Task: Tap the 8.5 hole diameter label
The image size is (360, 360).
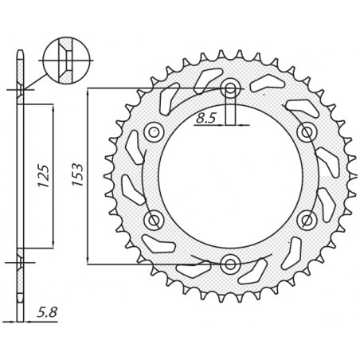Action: tap(205, 119)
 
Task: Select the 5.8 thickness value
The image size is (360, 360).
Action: tap(46, 315)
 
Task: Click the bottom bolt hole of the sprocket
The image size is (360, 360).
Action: tap(230, 263)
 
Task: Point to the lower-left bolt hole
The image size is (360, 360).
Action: tap(154, 219)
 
